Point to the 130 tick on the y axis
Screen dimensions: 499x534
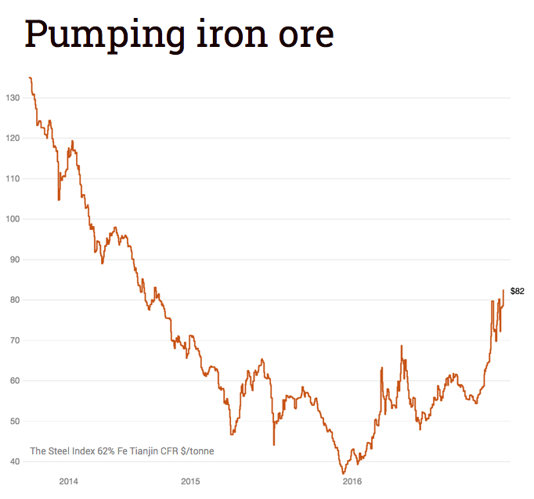(12, 98)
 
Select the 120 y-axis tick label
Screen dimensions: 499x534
(12, 138)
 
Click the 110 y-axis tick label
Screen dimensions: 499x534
(12, 178)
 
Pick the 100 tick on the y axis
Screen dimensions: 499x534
(12, 219)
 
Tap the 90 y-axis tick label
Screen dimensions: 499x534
(14, 260)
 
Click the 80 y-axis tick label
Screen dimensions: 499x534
(14, 300)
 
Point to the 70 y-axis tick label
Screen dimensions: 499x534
(14, 340)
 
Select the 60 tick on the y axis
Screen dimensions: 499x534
(14, 381)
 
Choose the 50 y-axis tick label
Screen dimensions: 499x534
(14, 422)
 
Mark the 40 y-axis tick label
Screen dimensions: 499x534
(14, 461)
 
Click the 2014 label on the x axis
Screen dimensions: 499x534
(69, 481)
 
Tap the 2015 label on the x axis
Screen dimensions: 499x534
(191, 481)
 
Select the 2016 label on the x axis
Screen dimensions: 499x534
(352, 481)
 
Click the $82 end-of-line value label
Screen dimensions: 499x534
(517, 291)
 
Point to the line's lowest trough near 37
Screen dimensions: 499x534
(343, 473)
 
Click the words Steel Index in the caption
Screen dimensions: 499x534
(71, 451)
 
